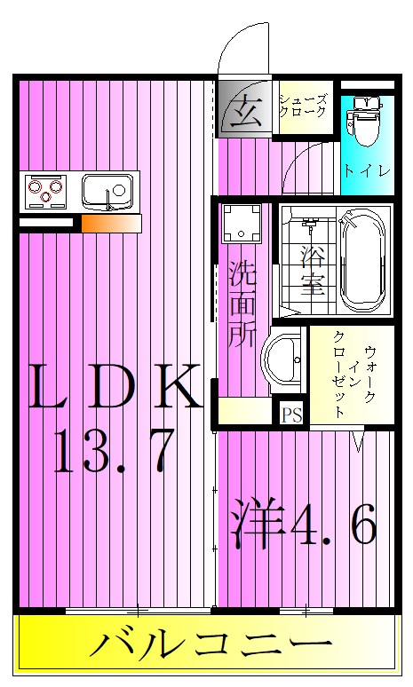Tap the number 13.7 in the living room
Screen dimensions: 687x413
pos(113,450)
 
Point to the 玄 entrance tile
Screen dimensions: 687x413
pos(244,113)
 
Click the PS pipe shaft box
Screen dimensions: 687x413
pos(291,414)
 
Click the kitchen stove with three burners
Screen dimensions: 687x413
pos(47,189)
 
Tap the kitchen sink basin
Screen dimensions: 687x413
pos(107,190)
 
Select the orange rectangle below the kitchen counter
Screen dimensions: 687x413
pos(111,223)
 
